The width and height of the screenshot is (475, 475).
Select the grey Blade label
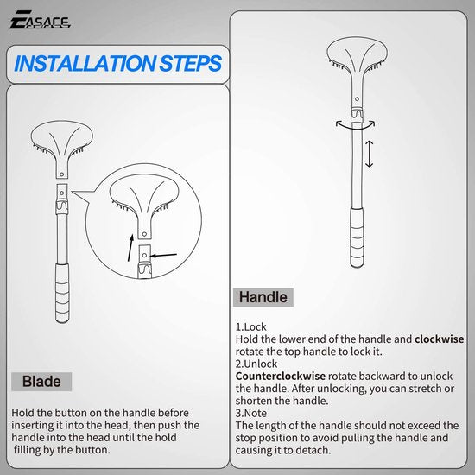pyautogui.click(x=41, y=382)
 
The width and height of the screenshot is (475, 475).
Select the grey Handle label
pyautogui.click(x=263, y=297)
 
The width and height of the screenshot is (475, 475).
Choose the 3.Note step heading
pyautogui.click(x=253, y=413)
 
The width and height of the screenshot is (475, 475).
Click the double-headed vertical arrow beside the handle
pyautogui.click(x=370, y=154)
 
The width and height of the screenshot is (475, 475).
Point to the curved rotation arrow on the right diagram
pyautogui.click(x=356, y=126)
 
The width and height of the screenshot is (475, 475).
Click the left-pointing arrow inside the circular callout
pyautogui.click(x=164, y=255)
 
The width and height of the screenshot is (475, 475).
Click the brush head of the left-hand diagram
pyautogui.click(x=60, y=142)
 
